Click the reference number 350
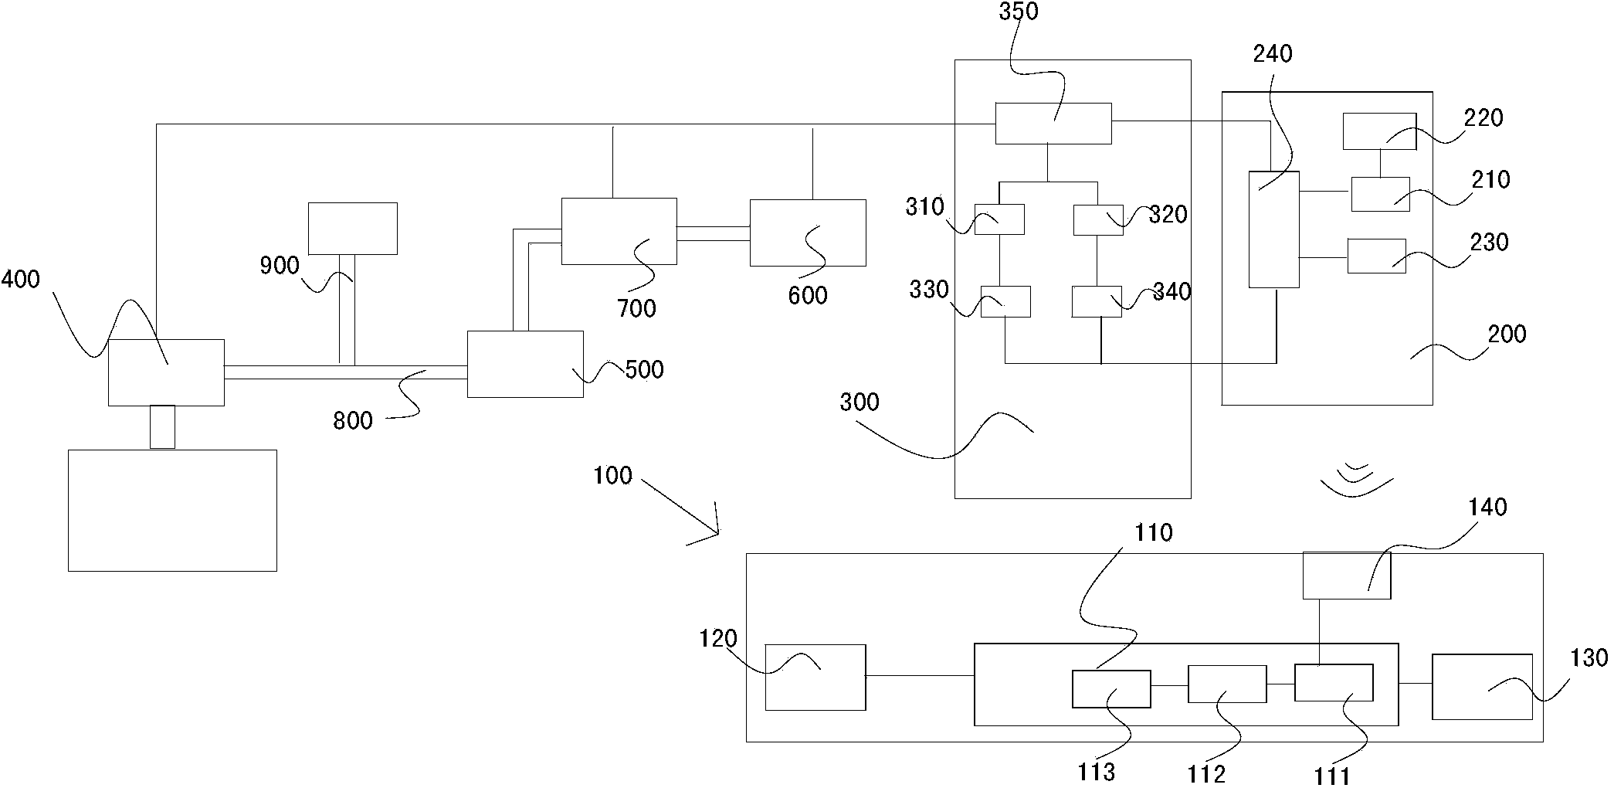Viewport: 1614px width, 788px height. tap(1019, 12)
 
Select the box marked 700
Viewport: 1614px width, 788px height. tap(619, 231)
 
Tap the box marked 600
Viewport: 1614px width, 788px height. tap(807, 233)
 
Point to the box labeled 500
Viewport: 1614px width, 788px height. tap(525, 364)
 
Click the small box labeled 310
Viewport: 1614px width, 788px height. tap(999, 219)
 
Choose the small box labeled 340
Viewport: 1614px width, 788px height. tap(1097, 301)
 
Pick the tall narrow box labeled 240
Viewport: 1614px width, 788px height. tap(1274, 229)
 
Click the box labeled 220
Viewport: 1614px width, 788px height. tap(1379, 131)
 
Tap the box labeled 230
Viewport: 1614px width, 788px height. tap(1376, 256)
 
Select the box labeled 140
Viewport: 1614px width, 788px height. tap(1346, 576)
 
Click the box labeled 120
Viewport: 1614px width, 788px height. tap(815, 677)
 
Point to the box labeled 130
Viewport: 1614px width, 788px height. tap(1482, 687)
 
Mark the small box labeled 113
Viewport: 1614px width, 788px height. tap(1110, 688)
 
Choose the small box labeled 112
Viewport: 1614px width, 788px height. tap(1226, 684)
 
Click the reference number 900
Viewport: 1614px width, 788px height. tap(280, 266)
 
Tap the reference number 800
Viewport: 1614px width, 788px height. tap(353, 421)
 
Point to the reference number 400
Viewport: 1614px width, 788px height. tap(21, 279)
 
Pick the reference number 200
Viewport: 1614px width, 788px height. tap(1507, 335)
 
